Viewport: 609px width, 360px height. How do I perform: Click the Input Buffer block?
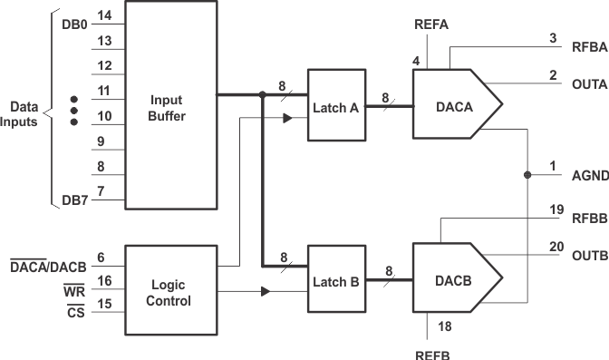click(x=170, y=105)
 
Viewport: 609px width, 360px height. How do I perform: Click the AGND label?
click(x=590, y=175)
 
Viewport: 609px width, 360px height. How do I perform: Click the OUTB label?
click(x=590, y=257)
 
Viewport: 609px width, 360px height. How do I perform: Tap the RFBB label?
click(x=590, y=219)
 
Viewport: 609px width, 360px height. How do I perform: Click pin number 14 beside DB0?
click(x=105, y=16)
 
